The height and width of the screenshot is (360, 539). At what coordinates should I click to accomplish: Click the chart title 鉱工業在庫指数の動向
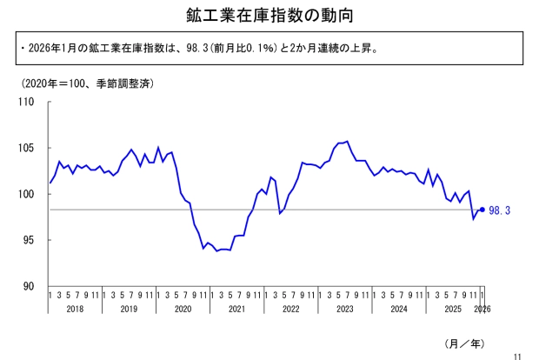click(x=269, y=16)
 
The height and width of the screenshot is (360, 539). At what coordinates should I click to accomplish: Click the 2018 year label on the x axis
click(x=75, y=309)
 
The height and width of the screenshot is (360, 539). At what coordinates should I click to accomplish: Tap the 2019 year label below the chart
click(x=129, y=309)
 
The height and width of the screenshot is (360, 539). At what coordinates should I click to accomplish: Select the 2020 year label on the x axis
click(x=183, y=309)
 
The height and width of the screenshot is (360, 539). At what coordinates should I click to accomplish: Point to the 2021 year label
click(x=236, y=309)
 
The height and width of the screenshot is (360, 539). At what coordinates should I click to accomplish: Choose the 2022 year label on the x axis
click(x=290, y=309)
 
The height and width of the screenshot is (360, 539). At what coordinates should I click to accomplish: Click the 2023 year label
click(x=344, y=309)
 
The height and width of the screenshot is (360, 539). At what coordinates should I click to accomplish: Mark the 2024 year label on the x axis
click(x=398, y=309)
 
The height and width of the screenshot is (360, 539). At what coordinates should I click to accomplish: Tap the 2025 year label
click(x=452, y=309)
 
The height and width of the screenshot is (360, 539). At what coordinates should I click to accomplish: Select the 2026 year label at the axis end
click(x=483, y=309)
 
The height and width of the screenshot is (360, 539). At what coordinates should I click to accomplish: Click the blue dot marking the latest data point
click(x=482, y=210)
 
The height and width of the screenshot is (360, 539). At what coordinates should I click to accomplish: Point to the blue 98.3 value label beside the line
click(x=499, y=210)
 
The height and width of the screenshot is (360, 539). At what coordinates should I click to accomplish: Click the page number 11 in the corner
click(x=517, y=355)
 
